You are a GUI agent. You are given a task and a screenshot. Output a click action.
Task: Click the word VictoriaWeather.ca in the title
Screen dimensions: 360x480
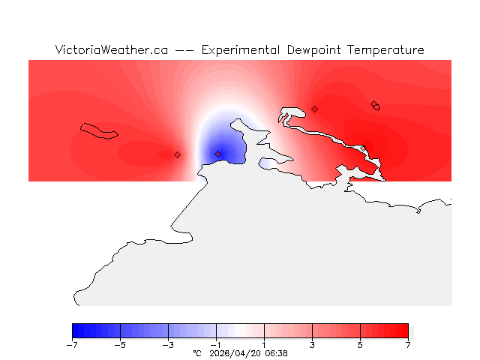(x=111, y=50)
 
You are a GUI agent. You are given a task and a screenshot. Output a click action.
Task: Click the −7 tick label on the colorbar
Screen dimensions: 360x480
(x=72, y=345)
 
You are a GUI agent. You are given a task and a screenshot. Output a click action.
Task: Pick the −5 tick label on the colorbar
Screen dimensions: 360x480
(x=120, y=345)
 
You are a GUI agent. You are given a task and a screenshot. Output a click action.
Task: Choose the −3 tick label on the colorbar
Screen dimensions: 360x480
(x=168, y=345)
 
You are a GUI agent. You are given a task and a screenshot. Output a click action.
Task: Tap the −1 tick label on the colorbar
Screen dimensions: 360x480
(x=216, y=345)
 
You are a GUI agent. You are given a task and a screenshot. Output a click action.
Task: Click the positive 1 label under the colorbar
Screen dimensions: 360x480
(x=264, y=345)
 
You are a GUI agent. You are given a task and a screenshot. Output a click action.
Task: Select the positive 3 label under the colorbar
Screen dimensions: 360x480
(x=312, y=345)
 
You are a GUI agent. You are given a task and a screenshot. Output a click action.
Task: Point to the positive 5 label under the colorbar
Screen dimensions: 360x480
(x=360, y=345)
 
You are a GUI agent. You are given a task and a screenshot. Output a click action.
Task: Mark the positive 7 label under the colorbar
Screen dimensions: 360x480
(x=408, y=345)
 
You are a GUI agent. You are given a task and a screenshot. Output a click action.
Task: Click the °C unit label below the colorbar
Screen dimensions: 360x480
(x=197, y=353)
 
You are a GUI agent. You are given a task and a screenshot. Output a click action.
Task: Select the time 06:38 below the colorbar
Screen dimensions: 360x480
(x=275, y=353)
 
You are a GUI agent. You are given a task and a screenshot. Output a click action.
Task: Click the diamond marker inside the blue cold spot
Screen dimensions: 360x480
(x=218, y=154)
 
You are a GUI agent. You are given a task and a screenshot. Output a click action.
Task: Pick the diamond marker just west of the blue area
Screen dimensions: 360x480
(x=177, y=154)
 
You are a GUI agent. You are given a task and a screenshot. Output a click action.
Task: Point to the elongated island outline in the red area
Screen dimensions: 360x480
(x=99, y=131)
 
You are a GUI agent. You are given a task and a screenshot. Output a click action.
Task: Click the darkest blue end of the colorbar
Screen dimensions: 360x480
(x=75, y=331)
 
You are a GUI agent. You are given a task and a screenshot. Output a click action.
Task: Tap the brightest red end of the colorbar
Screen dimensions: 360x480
(x=405, y=331)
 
